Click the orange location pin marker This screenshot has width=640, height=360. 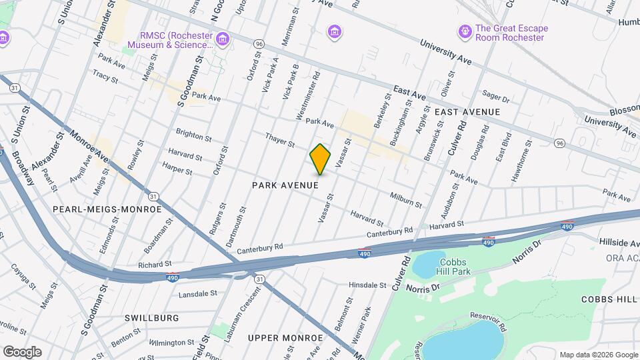(x=321, y=159)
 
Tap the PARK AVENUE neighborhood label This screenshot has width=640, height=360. (x=285, y=185)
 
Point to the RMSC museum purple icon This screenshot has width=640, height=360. (x=223, y=39)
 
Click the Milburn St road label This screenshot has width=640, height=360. (x=406, y=199)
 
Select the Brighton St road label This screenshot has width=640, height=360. (x=194, y=135)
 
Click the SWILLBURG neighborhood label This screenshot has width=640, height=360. (x=151, y=318)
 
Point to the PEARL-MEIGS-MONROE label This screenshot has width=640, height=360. (x=107, y=209)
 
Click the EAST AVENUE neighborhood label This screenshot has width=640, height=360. (x=467, y=111)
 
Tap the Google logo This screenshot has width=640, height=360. (x=22, y=351)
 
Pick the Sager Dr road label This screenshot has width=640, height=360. (x=495, y=99)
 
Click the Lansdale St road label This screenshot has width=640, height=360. (x=199, y=293)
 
